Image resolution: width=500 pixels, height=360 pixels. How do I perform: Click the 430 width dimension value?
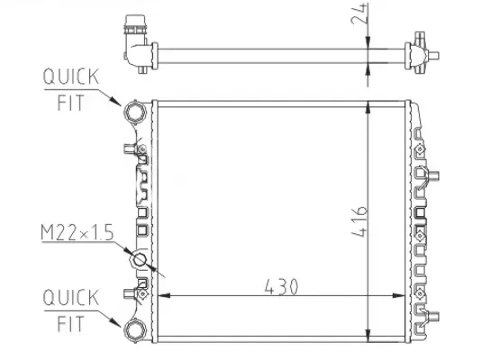(281, 286)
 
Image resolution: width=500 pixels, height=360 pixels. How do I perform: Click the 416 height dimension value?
(359, 221)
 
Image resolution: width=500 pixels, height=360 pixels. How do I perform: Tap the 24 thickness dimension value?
(359, 14)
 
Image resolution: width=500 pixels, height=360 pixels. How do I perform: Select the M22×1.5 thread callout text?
(77, 232)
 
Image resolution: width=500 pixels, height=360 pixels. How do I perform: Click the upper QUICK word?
(71, 76)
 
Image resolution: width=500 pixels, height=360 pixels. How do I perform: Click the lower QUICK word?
(71, 298)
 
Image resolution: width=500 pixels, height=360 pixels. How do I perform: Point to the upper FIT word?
(70, 103)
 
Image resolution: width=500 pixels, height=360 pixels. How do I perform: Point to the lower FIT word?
(70, 323)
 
